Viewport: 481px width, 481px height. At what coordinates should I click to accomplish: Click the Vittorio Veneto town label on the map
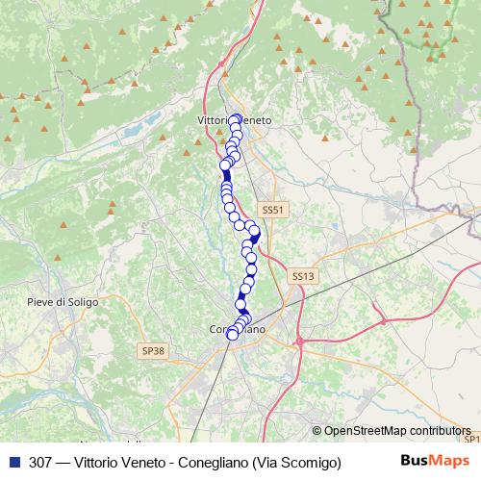click(234, 120)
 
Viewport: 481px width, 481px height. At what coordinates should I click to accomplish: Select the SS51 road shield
click(273, 210)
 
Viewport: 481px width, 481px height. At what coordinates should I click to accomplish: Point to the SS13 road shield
click(302, 276)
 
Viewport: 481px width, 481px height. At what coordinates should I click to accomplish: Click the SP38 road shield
click(152, 351)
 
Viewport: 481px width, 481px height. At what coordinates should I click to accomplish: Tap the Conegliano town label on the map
click(237, 329)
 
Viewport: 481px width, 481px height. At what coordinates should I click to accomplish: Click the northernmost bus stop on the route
click(235, 119)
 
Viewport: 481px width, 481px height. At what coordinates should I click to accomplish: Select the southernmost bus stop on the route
click(232, 334)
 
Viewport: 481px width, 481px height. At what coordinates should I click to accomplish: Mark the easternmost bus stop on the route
click(256, 233)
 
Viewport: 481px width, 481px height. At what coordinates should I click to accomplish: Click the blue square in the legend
click(13, 462)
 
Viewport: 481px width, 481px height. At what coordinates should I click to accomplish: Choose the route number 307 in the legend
click(41, 463)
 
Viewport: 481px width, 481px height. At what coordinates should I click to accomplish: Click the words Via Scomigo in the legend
click(296, 463)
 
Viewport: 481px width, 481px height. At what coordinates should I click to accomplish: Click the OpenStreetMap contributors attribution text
click(396, 431)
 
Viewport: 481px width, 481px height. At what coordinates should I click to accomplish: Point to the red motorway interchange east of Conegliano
click(300, 340)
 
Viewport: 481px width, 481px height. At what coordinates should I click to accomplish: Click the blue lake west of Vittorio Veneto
click(149, 121)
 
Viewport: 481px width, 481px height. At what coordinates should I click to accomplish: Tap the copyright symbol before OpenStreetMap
click(316, 431)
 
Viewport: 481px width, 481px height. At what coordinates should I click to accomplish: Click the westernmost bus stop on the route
click(225, 165)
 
